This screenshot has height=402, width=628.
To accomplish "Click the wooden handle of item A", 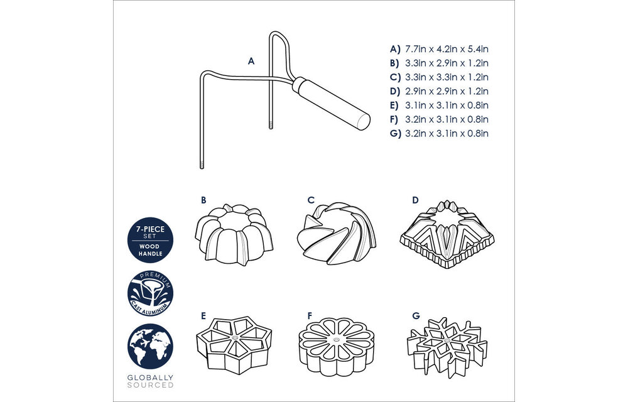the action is point(331,103).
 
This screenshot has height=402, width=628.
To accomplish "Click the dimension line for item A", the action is point(440,49).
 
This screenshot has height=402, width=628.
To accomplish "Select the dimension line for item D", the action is point(440,91).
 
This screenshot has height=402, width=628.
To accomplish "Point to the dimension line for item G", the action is point(440,133).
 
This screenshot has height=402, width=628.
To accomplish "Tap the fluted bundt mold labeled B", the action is point(234,234).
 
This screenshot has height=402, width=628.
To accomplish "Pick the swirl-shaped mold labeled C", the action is point(337,234).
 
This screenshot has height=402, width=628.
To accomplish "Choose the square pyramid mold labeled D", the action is point(447,235).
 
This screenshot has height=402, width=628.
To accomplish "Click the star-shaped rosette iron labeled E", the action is point(234,345).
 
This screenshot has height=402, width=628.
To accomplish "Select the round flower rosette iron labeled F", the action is point(337,347).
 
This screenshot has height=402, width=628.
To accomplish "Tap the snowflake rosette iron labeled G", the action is point(447,347).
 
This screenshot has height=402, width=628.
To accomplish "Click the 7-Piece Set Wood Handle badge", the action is point(150,240).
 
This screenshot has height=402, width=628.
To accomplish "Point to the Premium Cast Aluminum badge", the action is point(150,293).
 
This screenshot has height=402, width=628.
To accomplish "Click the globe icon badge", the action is point(150,346).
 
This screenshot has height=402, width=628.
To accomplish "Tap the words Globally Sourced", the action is point(150,381).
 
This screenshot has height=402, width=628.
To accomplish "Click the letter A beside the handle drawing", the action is point(251,62).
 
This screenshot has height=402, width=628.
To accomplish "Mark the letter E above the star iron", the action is point(203,317).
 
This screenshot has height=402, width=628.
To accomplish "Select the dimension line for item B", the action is point(440,63).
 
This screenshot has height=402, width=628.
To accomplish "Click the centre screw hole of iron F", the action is point(336,340).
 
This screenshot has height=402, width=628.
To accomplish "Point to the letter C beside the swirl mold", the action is point(311,200).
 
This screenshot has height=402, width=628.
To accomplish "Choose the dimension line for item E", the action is point(440,106).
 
